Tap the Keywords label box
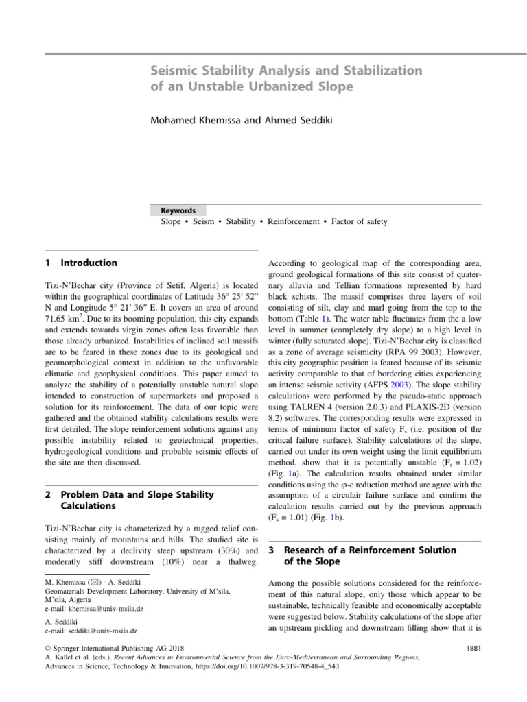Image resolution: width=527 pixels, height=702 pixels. point(178,210)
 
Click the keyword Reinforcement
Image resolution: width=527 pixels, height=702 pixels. point(293,222)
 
